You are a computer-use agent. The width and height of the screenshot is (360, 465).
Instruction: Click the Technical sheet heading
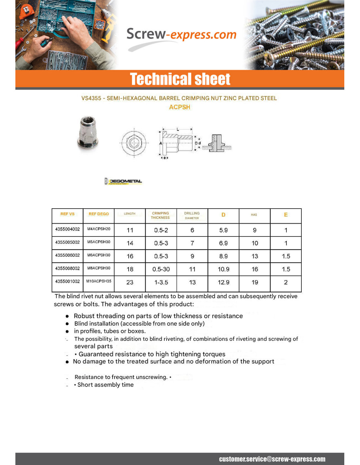(x=180, y=79)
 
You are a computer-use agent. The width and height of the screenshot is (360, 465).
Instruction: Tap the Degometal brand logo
(x=123, y=181)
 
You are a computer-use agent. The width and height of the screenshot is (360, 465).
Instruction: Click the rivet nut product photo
(x=87, y=133)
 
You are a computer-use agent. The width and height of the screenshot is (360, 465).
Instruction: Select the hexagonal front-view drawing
(x=134, y=143)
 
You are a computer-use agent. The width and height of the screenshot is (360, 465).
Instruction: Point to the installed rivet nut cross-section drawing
(x=217, y=144)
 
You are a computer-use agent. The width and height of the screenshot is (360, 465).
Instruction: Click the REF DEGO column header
(x=99, y=214)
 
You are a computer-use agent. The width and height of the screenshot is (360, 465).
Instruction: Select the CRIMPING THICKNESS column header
(x=160, y=215)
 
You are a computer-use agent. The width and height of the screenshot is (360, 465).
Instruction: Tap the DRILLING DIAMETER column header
(x=192, y=215)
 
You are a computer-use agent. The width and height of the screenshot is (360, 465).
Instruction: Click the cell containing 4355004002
(x=67, y=229)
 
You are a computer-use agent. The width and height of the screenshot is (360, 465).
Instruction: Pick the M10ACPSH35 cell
(x=99, y=281)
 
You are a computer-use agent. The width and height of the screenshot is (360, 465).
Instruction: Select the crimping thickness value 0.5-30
(x=161, y=269)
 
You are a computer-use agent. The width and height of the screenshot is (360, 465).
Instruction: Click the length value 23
(x=130, y=282)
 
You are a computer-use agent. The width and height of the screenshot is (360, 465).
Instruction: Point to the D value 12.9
(x=224, y=282)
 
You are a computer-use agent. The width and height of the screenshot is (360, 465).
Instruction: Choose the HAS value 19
(x=255, y=282)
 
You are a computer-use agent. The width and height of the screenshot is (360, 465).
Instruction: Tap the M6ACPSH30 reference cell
(x=99, y=255)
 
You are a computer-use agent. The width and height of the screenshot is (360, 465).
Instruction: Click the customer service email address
(x=272, y=459)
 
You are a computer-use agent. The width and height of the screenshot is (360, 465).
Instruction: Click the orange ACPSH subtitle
(x=179, y=107)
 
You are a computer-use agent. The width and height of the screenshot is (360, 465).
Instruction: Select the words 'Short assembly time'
(x=105, y=385)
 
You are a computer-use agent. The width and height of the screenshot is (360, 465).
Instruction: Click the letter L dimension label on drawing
(x=178, y=129)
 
